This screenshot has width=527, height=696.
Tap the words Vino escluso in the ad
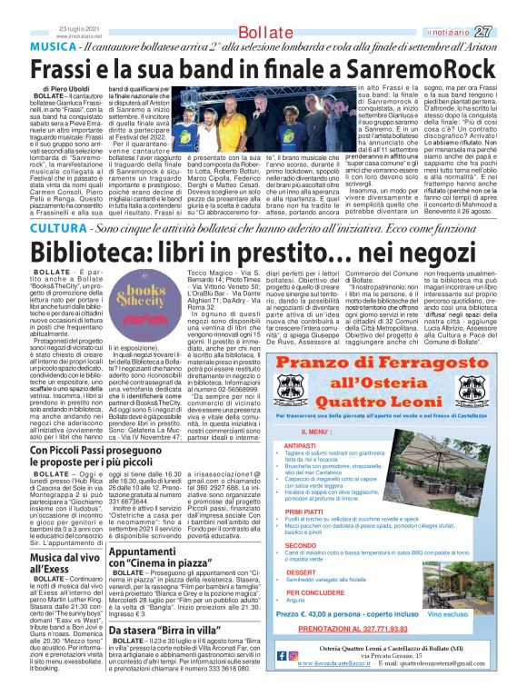pyautogui.click(x=472, y=612)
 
